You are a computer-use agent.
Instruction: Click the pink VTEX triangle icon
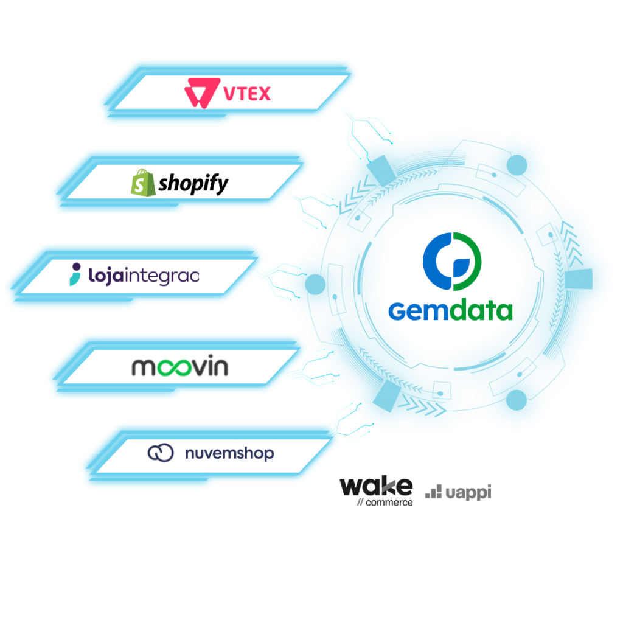pyautogui.click(x=200, y=92)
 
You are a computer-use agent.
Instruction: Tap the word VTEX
pyautogui.click(x=247, y=94)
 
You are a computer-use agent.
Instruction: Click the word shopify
pyautogui.click(x=193, y=183)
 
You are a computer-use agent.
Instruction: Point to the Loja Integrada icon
pyautogui.click(x=75, y=276)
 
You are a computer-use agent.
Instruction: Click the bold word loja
pyautogui.click(x=107, y=276)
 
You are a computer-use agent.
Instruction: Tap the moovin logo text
pyautogui.click(x=179, y=367)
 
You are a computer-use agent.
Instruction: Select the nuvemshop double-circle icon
pyautogui.click(x=161, y=453)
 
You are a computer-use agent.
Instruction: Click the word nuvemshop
pyautogui.click(x=229, y=454)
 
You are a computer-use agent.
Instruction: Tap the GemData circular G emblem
pyautogui.click(x=451, y=261)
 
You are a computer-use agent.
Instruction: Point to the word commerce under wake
pyautogui.click(x=388, y=503)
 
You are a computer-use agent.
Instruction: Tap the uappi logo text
pyautogui.click(x=467, y=492)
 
